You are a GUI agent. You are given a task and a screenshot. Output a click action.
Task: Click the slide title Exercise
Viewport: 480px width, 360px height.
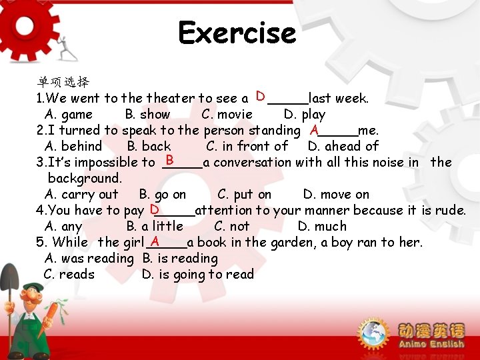237,33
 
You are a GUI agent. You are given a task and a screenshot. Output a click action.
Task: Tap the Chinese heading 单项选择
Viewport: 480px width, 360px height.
63,82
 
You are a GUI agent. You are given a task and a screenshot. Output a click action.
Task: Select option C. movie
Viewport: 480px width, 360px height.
227,114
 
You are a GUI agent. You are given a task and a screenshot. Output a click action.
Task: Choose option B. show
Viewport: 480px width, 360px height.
147,114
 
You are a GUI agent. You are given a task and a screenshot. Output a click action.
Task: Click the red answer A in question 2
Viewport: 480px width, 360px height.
314,129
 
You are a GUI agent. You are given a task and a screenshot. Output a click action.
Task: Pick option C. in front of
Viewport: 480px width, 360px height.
247,146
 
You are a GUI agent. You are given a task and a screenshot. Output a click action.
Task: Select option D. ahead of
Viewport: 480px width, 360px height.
343,146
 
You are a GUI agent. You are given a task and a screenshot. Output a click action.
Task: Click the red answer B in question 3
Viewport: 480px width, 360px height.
170,161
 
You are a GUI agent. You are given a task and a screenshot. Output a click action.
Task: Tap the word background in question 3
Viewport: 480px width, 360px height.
84,178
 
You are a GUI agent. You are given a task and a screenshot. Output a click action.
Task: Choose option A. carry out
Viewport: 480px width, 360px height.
81,195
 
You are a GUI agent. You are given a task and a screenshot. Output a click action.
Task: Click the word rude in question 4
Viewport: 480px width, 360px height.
449,211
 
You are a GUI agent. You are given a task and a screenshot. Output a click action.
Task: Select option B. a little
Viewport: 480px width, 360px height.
154,227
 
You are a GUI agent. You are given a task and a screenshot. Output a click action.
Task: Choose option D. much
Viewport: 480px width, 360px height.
322,227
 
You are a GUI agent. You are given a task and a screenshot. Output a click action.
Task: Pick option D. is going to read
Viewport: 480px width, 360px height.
197,275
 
